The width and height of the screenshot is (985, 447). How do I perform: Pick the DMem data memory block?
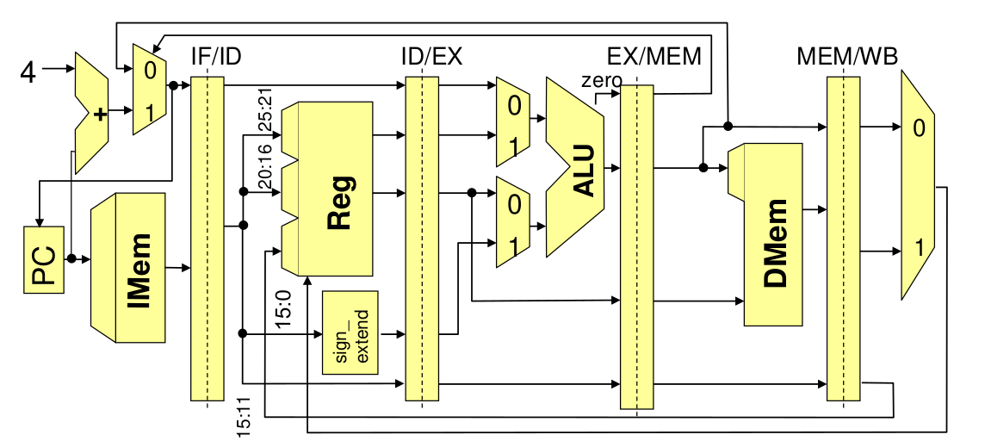click(x=776, y=233)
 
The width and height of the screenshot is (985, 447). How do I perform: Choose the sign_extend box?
click(x=350, y=332)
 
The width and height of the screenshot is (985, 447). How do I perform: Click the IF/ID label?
click(x=215, y=58)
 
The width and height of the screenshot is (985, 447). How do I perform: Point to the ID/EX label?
click(x=431, y=58)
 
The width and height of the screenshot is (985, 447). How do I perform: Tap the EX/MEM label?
click(x=654, y=58)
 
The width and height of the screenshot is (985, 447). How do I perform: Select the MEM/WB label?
click(x=848, y=58)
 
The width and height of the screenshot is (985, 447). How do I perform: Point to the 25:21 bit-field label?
click(x=266, y=109)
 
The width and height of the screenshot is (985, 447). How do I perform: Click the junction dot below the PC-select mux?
click(x=173, y=85)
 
